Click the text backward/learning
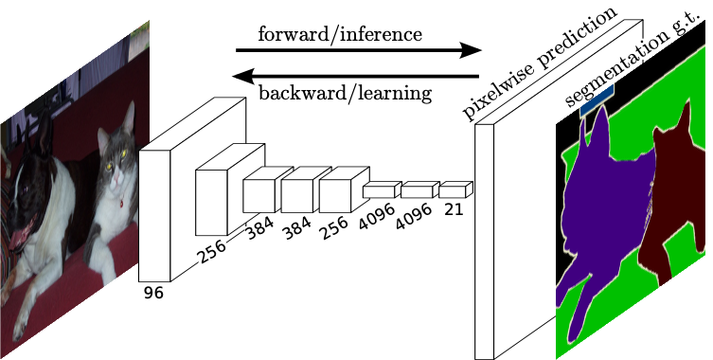click(345, 93)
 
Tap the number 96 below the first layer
click(153, 294)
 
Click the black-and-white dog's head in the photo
click(33, 180)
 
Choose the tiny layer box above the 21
click(455, 189)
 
